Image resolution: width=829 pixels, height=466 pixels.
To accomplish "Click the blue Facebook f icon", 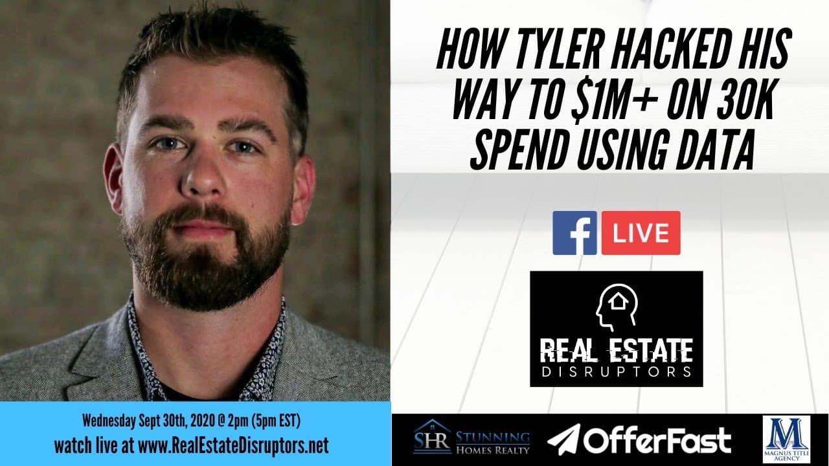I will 574,232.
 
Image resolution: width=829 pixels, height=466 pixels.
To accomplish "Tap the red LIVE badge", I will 641,232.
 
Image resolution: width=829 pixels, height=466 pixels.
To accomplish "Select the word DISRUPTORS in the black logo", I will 616,372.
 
